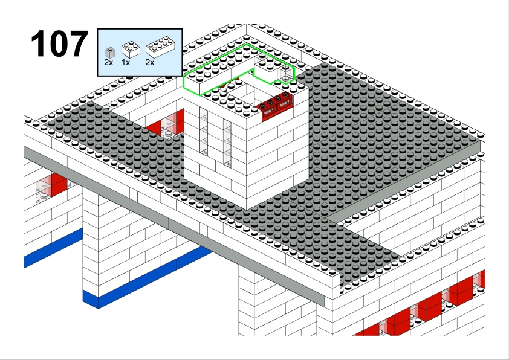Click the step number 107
(59, 43)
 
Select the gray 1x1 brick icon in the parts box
(111, 53)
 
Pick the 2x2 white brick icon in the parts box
(131, 50)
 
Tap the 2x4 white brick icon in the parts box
(160, 47)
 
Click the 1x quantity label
(126, 63)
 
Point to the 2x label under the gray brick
(109, 63)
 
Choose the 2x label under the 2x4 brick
(150, 63)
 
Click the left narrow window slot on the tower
(204, 131)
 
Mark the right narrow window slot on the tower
(227, 143)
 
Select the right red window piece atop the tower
(285, 101)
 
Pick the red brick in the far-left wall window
(59, 184)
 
